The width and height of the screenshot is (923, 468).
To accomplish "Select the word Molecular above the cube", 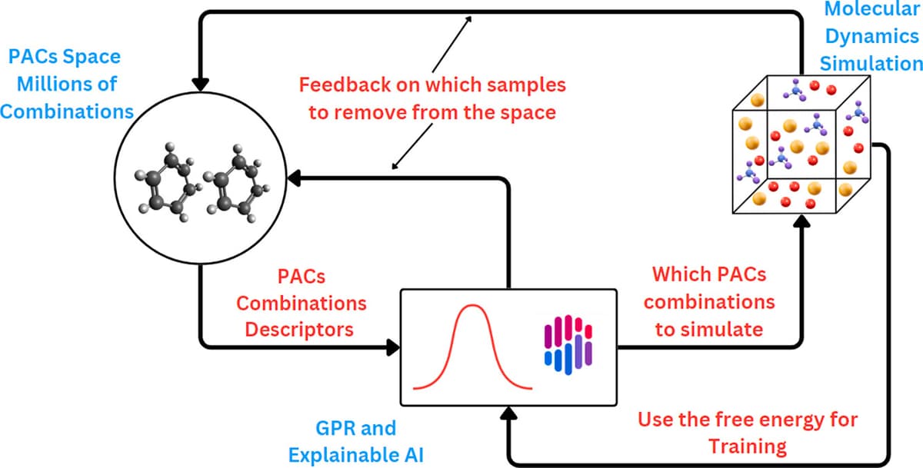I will pyautogui.click(x=872, y=11).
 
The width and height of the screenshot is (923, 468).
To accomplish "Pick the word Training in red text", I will pyautogui.click(x=748, y=446).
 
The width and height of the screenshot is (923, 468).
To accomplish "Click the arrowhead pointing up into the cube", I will pyautogui.click(x=802, y=221).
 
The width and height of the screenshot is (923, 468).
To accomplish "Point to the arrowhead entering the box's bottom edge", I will pyautogui.click(x=508, y=413).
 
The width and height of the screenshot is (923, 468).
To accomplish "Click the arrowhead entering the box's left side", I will pyautogui.click(x=392, y=347).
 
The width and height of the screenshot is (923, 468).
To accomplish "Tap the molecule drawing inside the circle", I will pyautogui.click(x=203, y=185).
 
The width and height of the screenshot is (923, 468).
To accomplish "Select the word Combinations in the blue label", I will pyautogui.click(x=66, y=111).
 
